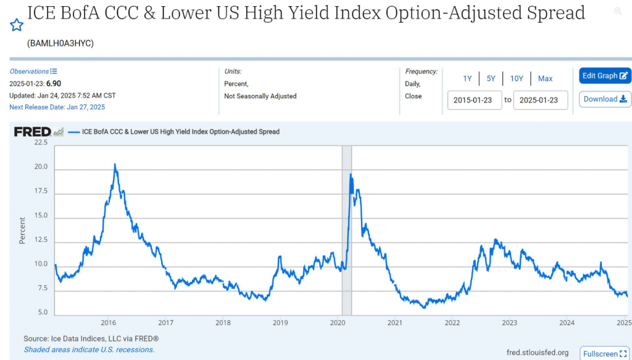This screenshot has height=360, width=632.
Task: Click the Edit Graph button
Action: (605, 76)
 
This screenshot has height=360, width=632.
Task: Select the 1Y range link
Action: (467, 78)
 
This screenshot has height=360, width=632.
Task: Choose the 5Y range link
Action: (491, 78)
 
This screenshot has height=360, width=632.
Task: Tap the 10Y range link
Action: (517, 78)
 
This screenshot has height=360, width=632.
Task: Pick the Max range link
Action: (545, 78)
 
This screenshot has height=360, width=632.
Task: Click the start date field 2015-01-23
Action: (474, 100)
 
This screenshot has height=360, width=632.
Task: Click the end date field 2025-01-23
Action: (540, 100)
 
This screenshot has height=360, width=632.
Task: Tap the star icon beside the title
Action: (17, 25)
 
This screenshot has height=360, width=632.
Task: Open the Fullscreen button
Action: (604, 354)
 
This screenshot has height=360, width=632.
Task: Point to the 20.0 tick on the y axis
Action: (41, 167)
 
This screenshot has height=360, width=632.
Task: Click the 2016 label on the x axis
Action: (109, 323)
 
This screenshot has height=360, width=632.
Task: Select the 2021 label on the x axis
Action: (395, 323)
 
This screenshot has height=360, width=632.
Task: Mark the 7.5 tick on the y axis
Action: (42, 288)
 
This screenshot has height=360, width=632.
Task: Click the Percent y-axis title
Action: (22, 230)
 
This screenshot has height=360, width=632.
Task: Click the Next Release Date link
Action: (57, 107)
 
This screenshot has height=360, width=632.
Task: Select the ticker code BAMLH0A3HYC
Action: (60, 43)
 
